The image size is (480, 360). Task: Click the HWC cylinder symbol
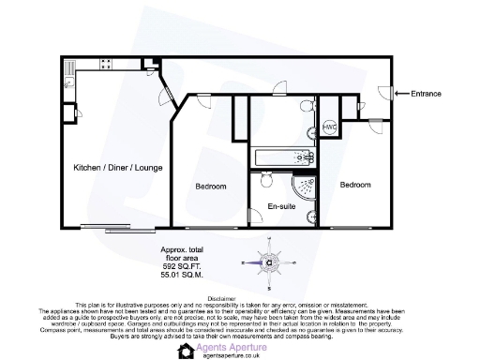(329, 127)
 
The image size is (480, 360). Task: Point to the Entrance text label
(427, 93)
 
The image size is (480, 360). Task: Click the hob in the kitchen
(106, 65)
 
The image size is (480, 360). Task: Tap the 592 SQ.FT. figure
(185, 267)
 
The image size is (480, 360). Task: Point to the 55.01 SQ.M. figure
(185, 276)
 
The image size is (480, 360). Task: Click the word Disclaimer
(239, 296)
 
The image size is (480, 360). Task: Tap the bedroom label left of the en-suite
(211, 187)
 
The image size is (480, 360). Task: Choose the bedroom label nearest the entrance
(355, 186)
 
